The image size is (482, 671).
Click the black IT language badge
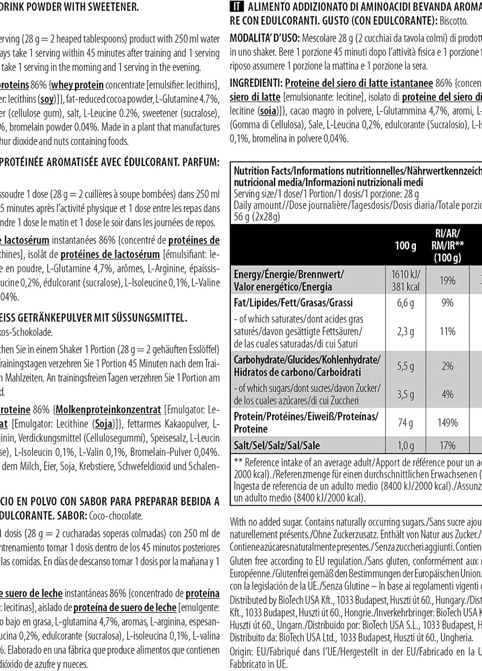click(x=238, y=7)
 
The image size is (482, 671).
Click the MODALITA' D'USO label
click(x=265, y=38)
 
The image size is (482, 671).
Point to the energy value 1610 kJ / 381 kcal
click(x=406, y=280)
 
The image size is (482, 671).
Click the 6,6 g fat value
click(x=405, y=303)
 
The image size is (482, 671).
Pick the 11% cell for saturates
click(x=447, y=331)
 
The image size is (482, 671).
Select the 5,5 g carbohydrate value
click(x=405, y=366)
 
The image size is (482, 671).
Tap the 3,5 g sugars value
click(x=405, y=394)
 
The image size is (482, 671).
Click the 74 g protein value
click(x=405, y=423)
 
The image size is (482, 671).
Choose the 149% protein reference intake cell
click(x=447, y=423)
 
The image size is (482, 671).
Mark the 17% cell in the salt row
click(x=447, y=445)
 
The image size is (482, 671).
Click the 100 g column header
click(x=405, y=245)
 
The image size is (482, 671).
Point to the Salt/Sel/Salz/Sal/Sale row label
click(x=277, y=445)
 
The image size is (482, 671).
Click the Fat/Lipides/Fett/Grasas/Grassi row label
click(x=293, y=303)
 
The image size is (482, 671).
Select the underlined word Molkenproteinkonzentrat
click(x=108, y=410)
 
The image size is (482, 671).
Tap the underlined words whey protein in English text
click(x=77, y=85)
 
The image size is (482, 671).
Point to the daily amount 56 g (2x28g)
click(x=257, y=216)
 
